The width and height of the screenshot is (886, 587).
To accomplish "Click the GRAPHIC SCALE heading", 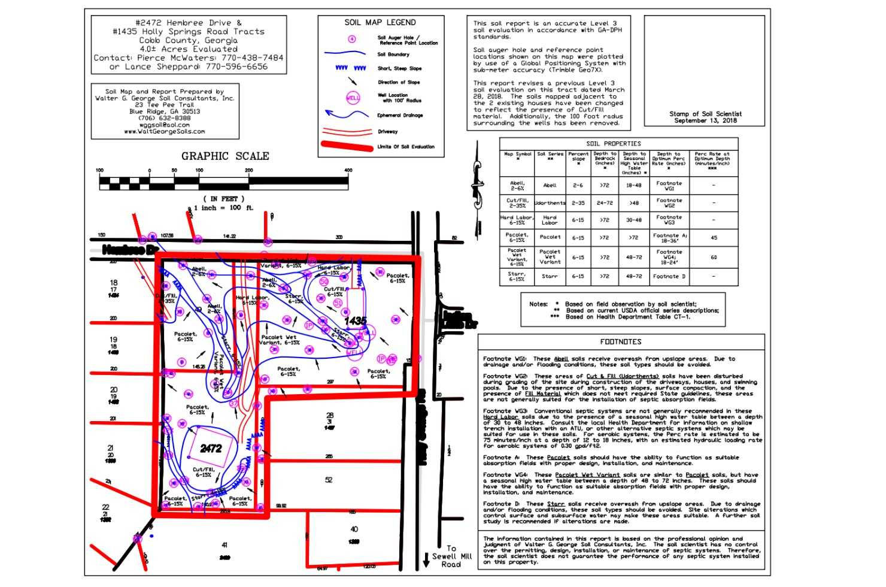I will [225, 156].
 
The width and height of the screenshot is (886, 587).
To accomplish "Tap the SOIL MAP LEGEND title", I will [380, 23].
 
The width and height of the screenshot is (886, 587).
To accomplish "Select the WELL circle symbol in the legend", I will [353, 98].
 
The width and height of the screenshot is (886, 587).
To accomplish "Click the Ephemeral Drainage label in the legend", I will [399, 116].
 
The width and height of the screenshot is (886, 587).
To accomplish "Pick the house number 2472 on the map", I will [211, 448].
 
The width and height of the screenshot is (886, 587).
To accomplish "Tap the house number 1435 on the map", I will [355, 320].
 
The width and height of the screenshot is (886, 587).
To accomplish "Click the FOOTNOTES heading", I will [621, 342].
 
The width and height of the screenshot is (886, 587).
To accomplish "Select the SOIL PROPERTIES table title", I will [614, 144].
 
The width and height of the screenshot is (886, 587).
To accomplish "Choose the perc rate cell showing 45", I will [714, 238].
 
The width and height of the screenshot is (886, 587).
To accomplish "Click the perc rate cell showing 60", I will [714, 258].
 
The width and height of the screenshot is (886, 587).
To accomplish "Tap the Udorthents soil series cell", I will [550, 203].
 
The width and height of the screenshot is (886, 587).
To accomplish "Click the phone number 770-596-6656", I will [236, 67].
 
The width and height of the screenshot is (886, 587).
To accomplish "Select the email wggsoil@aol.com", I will [164, 125].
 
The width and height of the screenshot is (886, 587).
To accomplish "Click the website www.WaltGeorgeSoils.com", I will [164, 131].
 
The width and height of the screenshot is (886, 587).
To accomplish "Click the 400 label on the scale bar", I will [348, 171].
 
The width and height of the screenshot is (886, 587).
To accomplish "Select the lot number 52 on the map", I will [329, 480].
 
